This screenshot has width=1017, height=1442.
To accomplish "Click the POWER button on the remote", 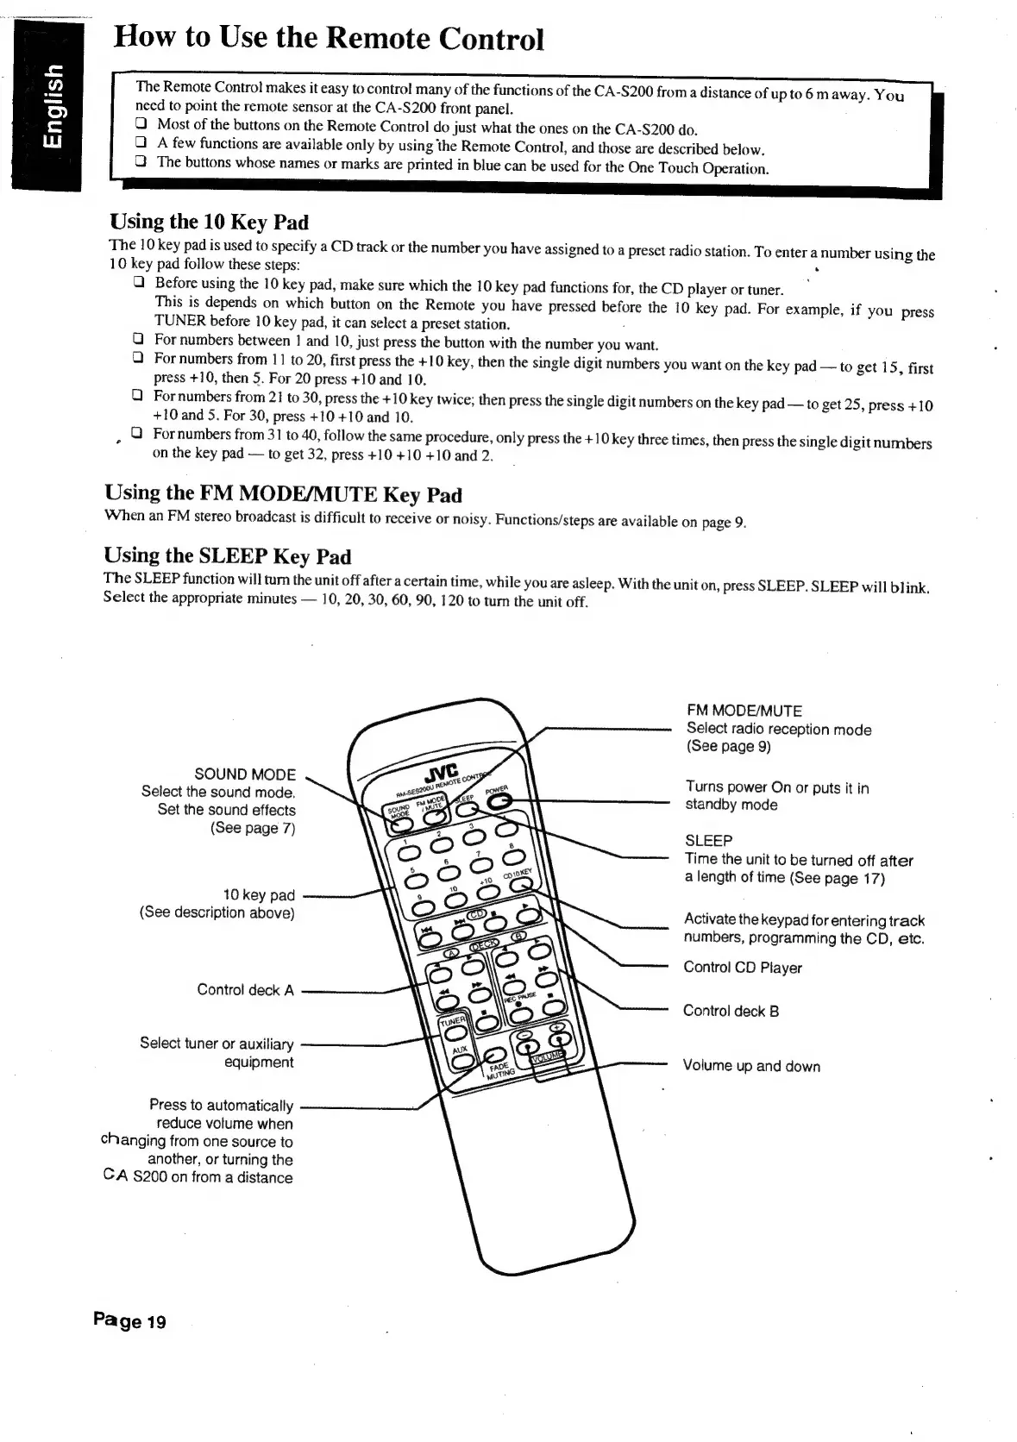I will coord(499,801).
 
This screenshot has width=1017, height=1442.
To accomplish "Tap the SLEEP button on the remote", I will coord(466,810).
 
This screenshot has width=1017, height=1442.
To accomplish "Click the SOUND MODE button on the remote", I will coord(400,824).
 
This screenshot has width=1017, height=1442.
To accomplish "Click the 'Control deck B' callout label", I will coord(731,1011).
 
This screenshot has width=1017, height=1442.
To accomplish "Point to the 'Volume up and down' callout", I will coord(751,1066).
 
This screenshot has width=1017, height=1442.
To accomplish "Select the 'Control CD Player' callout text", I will coord(742,968).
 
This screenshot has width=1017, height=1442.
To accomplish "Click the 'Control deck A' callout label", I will coord(245,989).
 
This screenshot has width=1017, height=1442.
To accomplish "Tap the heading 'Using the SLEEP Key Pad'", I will coord(228,555).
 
